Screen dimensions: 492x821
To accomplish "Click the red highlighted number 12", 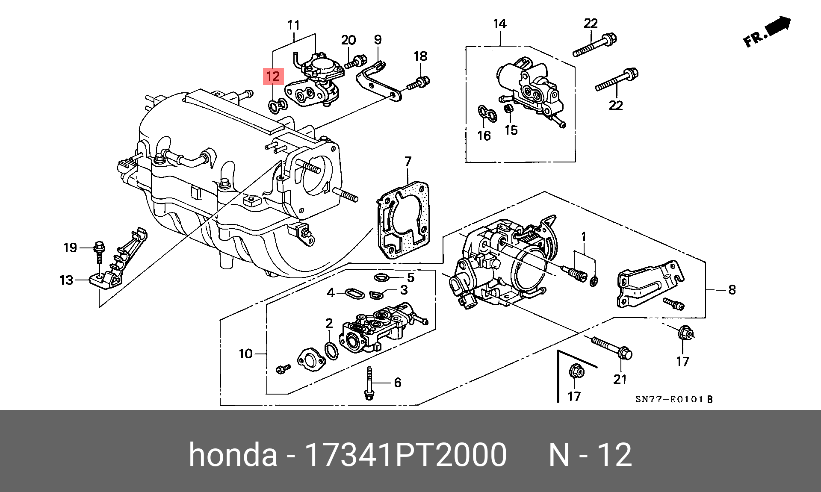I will point(273,77).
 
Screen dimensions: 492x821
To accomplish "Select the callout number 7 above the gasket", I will point(408,161).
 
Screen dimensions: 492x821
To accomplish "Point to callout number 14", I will point(499,24).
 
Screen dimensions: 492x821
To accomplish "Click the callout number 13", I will point(66,280).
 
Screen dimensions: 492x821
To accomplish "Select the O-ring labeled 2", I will point(331,351).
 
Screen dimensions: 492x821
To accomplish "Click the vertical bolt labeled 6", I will point(369,384).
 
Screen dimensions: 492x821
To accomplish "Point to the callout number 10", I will point(245,354).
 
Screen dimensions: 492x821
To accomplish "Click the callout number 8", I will point(732,290).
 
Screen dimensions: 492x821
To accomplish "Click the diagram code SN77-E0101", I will point(669,399).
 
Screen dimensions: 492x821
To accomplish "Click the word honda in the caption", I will point(233,454).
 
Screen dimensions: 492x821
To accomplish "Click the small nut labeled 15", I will point(508,109).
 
